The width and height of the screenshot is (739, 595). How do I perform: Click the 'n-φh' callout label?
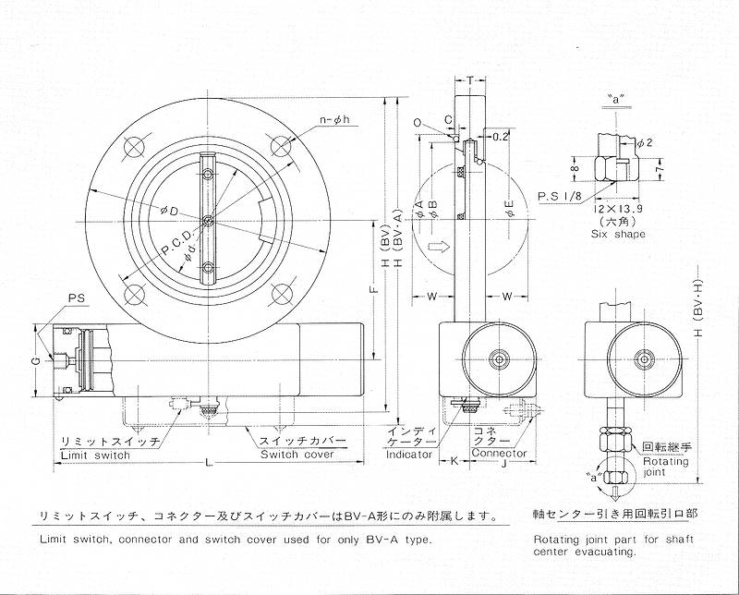pyautogui.click(x=335, y=120)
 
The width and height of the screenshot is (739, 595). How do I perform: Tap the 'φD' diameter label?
pyautogui.click(x=169, y=212)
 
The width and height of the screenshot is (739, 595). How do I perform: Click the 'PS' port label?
pyautogui.click(x=76, y=298)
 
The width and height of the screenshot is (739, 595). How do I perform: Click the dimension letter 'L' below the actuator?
pyautogui.click(x=210, y=463)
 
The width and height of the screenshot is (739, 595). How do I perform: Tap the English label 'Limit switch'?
pyautogui.click(x=95, y=455)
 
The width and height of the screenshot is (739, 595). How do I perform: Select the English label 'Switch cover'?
pyautogui.click(x=297, y=455)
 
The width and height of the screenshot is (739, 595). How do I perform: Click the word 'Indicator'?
pyautogui.click(x=409, y=455)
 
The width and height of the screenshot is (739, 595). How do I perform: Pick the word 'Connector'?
pyautogui.click(x=499, y=453)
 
